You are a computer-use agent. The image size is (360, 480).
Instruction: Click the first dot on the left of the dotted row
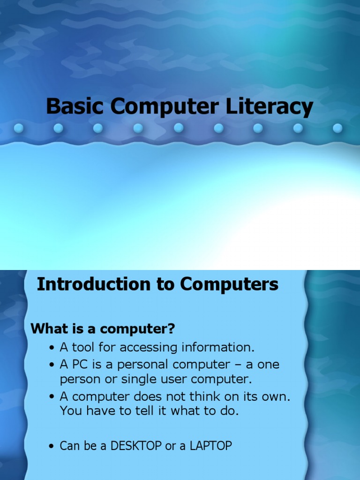tap(18, 128)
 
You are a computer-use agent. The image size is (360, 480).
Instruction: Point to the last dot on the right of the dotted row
tap(337, 128)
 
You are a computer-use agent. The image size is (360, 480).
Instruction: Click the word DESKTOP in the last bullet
tap(136, 446)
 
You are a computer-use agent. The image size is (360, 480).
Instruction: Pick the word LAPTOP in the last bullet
tap(210, 446)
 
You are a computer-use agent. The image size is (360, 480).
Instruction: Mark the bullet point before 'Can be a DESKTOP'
tap(52, 446)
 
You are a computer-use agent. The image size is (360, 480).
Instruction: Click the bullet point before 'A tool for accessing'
tap(52, 348)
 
